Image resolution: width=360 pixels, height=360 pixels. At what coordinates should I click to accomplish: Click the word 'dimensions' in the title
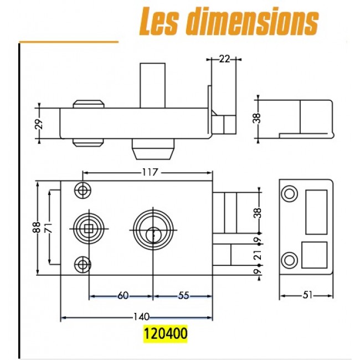click(252, 20)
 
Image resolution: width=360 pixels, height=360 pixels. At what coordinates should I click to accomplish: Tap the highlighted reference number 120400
click(166, 333)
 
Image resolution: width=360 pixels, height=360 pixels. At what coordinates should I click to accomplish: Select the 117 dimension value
click(151, 172)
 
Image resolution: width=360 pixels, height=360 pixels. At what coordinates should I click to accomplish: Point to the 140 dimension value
click(141, 317)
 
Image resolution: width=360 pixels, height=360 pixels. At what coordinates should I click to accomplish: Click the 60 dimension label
click(123, 296)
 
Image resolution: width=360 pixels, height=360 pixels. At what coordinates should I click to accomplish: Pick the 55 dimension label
click(184, 296)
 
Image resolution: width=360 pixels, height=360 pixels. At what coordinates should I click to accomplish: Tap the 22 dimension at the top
click(224, 59)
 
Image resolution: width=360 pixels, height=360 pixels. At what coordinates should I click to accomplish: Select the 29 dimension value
click(39, 124)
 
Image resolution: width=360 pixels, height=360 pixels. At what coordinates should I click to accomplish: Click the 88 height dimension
click(37, 228)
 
